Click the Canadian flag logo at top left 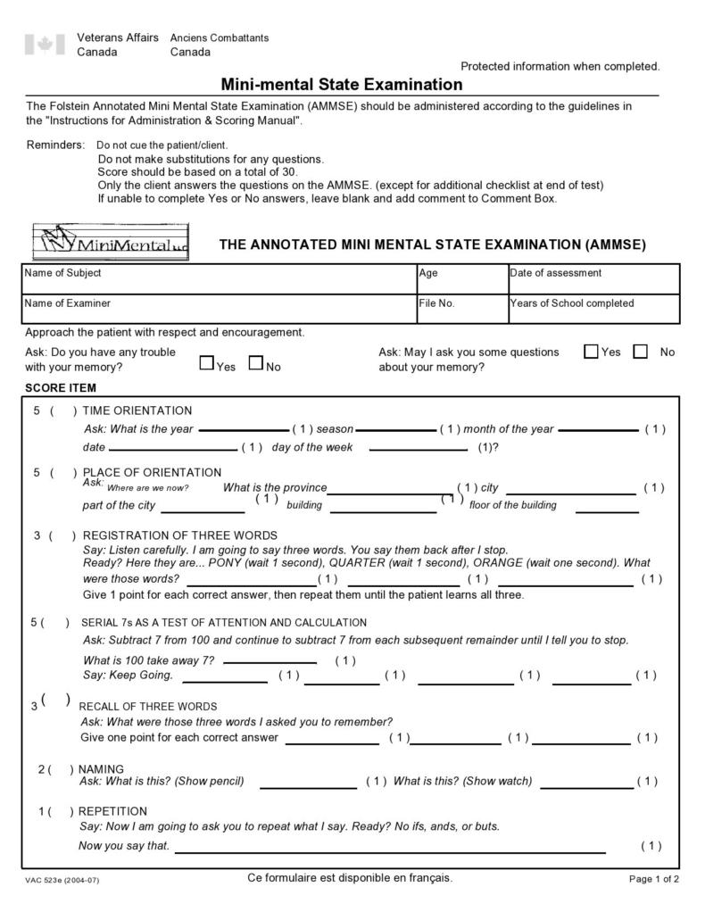[x=45, y=45]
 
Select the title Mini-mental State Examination [x=342, y=85]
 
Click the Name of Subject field [x=218, y=279]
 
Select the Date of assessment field [x=593, y=279]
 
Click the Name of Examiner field [x=218, y=309]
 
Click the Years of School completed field [x=593, y=309]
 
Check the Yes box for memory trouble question [x=207, y=363]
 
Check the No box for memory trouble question [x=256, y=363]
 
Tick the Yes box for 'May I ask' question [x=591, y=352]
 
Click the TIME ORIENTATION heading [x=137, y=410]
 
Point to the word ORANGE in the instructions [x=501, y=563]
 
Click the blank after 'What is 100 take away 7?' [x=270, y=662]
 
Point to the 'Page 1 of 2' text [x=654, y=879]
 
